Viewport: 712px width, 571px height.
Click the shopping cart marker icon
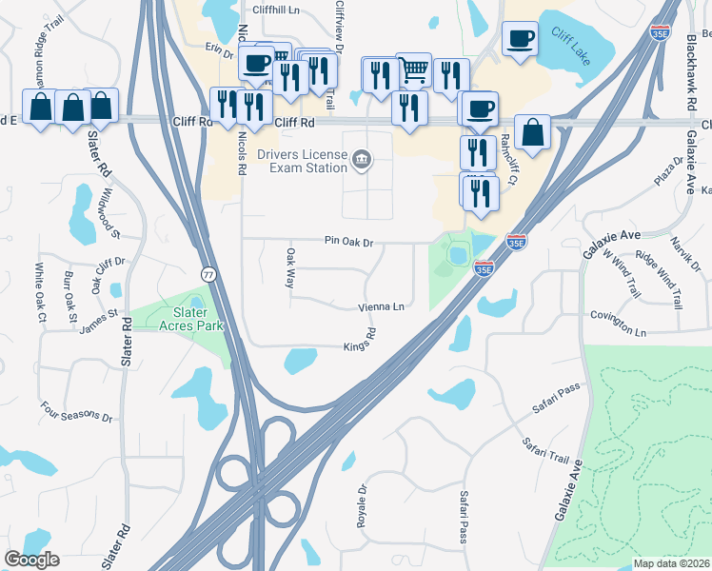coord(413,69)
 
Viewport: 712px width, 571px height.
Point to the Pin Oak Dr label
coord(347,243)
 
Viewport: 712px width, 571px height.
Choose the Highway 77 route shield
coord(208,274)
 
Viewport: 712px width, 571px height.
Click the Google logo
coord(31,559)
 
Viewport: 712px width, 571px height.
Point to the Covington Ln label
coord(618,325)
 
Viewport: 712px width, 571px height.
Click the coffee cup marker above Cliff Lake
coord(519,38)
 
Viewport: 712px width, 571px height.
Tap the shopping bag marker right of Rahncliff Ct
coord(533,132)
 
